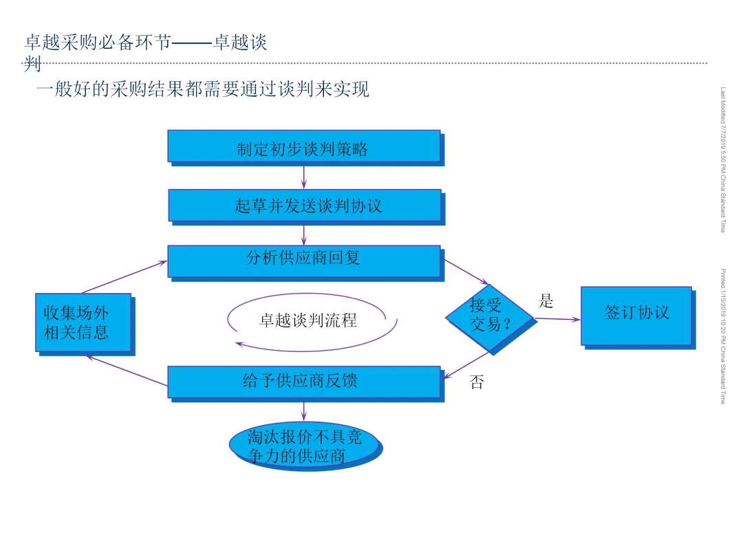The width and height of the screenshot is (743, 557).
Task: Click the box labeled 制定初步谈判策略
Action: click(303, 146)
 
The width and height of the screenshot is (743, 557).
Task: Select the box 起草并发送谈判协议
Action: click(304, 205)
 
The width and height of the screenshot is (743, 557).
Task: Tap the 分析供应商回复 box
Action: click(303, 261)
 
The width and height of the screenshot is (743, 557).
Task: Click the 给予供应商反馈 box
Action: click(303, 382)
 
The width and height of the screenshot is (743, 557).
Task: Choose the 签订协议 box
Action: click(636, 315)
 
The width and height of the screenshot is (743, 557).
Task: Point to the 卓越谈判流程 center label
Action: click(308, 320)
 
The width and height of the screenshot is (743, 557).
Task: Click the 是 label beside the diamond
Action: click(546, 301)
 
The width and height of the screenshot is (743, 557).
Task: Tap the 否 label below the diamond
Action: click(476, 382)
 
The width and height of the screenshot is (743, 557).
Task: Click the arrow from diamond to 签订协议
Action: click(557, 318)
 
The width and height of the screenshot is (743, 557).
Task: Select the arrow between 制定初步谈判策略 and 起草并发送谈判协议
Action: click(303, 175)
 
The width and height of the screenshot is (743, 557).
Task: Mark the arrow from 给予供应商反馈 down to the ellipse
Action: click(303, 411)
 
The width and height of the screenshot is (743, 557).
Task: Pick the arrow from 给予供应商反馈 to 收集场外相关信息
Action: click(127, 371)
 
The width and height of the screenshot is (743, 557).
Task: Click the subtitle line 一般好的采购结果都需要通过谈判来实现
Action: click(203, 89)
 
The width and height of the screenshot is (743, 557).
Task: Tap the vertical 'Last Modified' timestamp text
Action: click(723, 160)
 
